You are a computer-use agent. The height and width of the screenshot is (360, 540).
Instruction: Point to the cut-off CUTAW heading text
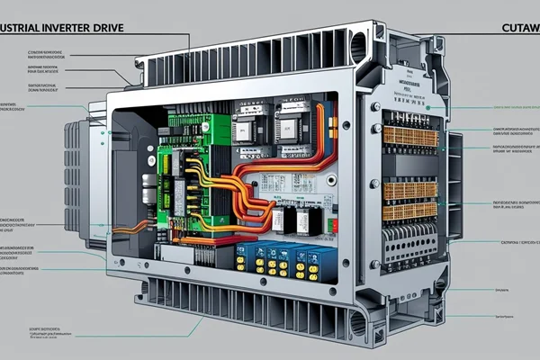518,29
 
